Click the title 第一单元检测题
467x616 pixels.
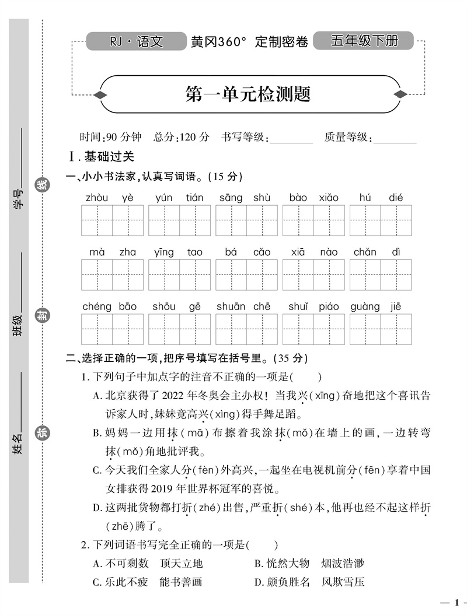click(x=248, y=94)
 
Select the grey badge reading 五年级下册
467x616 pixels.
click(x=364, y=41)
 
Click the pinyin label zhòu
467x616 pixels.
click(x=97, y=198)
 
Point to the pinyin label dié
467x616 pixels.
click(x=396, y=198)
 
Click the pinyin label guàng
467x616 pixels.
click(x=365, y=307)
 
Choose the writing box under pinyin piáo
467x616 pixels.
click(x=329, y=329)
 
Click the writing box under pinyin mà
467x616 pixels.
click(x=97, y=275)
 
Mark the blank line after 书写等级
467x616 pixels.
click(x=292, y=138)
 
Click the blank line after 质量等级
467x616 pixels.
click(x=395, y=138)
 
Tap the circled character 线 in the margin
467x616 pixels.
click(x=42, y=185)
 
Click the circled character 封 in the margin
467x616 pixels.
click(x=42, y=315)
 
